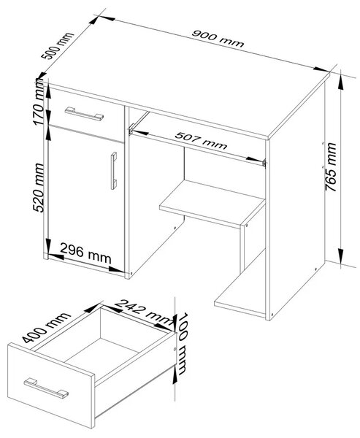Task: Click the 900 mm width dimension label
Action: click(x=218, y=38)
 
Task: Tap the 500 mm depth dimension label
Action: click(x=57, y=46)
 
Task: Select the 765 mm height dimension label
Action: click(x=332, y=166)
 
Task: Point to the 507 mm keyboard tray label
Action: click(x=201, y=140)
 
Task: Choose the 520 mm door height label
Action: click(x=39, y=188)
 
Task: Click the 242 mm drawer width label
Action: click(x=144, y=312)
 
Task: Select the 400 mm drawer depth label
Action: click(x=46, y=327)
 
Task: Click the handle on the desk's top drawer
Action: click(x=84, y=114)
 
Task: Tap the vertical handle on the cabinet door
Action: click(x=113, y=171)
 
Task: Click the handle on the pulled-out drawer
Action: click(x=46, y=388)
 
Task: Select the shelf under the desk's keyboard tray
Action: click(x=212, y=202)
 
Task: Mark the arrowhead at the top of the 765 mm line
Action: click(x=341, y=82)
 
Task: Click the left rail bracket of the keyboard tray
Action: click(x=131, y=128)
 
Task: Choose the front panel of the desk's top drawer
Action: click(x=86, y=115)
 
